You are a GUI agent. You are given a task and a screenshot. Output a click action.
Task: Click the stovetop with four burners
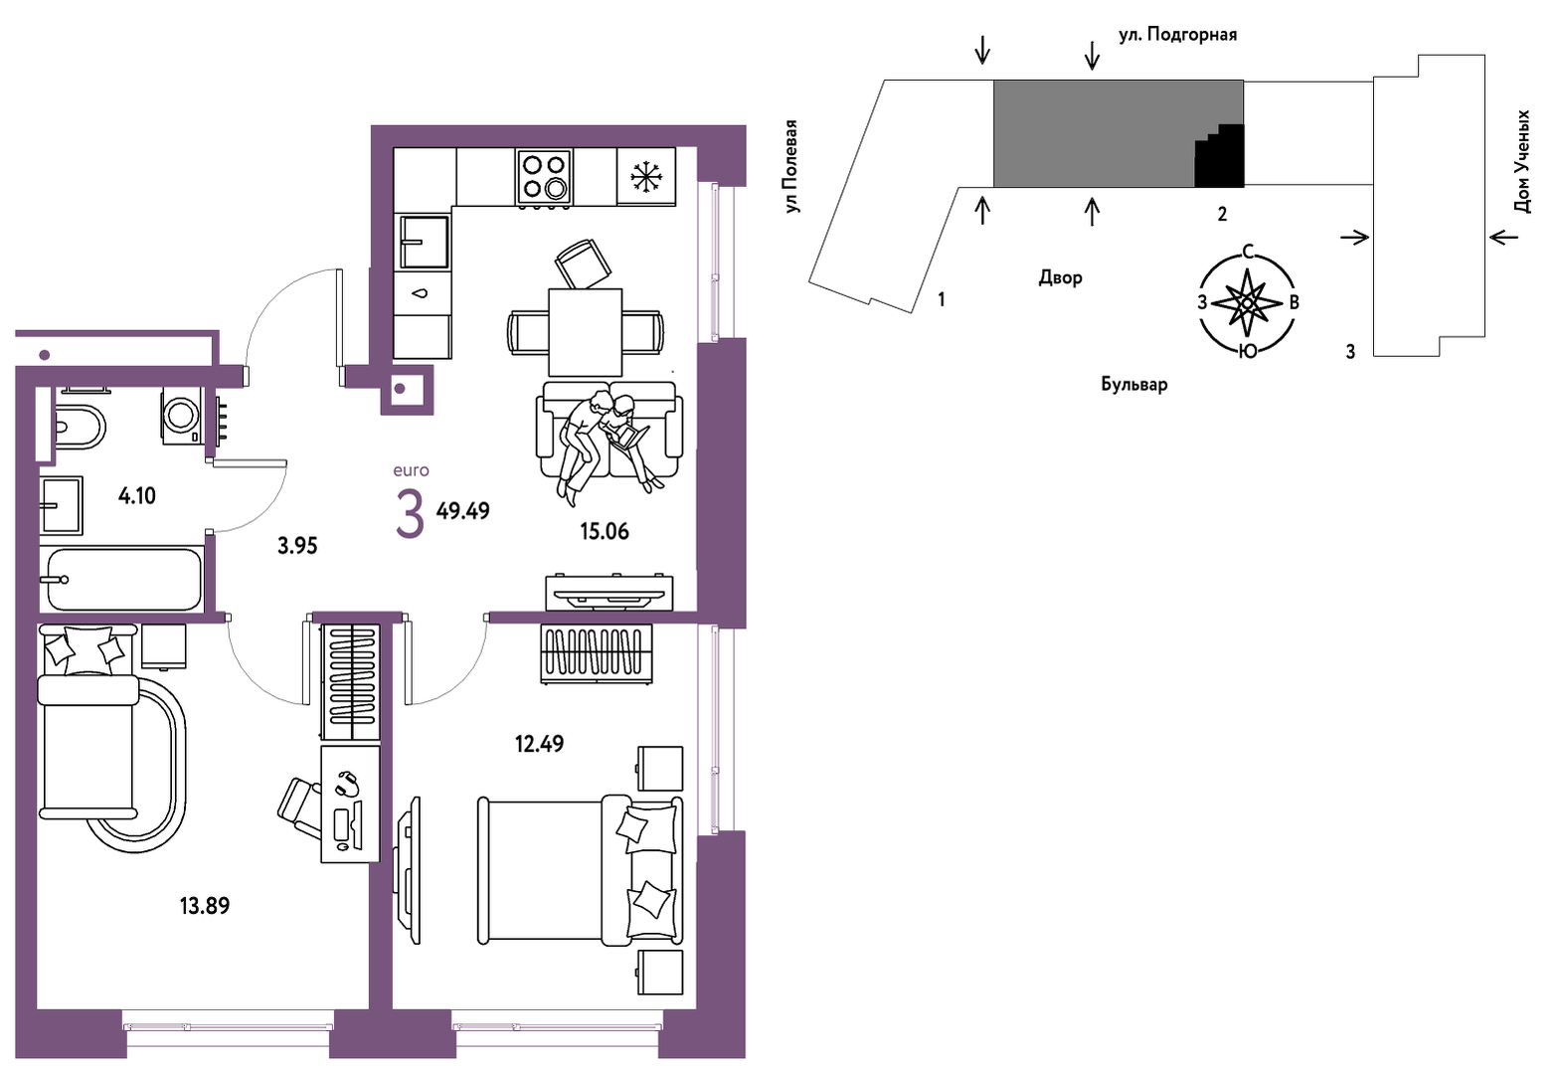(x=544, y=177)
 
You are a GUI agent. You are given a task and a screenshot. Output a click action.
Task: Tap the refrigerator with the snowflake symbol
(x=646, y=176)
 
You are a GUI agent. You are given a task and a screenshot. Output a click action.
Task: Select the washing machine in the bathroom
(x=182, y=416)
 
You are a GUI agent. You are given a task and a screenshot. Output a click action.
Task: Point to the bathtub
(x=121, y=579)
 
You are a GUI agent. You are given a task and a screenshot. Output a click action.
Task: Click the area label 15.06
(x=605, y=532)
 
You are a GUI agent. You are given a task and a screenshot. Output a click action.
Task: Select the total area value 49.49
(x=463, y=511)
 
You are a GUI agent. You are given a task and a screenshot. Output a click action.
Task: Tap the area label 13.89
(x=205, y=906)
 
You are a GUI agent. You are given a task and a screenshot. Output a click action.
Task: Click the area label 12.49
(x=539, y=744)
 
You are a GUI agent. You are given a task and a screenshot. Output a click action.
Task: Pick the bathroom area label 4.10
(x=137, y=496)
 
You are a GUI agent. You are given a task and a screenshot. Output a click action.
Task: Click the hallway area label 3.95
(x=297, y=546)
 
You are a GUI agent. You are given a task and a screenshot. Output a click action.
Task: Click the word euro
(x=411, y=471)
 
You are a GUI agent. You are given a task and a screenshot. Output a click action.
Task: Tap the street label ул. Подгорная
(x=1177, y=35)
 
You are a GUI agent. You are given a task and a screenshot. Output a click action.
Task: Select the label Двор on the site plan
(x=1061, y=277)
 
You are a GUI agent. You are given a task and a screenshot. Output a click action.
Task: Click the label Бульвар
(x=1133, y=384)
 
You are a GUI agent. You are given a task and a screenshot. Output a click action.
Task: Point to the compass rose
(x=1248, y=302)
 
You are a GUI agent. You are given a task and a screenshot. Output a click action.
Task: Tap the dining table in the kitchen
(x=585, y=332)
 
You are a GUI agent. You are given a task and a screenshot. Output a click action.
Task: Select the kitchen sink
(x=424, y=242)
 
